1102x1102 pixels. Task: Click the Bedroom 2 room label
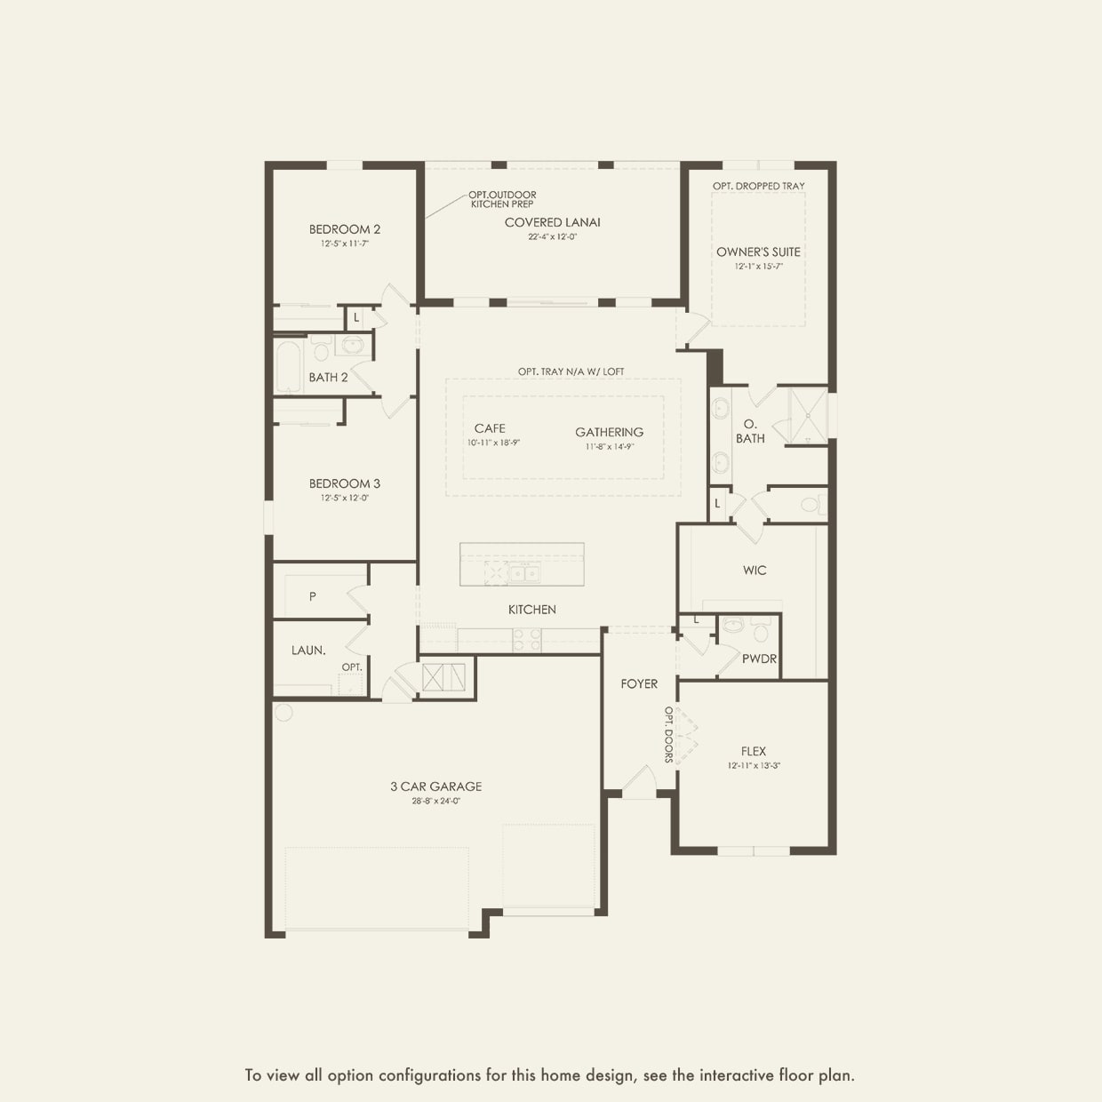point(345,229)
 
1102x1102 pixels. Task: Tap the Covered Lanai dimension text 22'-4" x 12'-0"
point(552,237)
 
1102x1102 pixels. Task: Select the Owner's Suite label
point(758,252)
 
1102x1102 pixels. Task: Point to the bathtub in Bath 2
point(289,366)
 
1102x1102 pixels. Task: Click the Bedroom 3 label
point(345,483)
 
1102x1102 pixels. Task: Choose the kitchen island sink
point(524,573)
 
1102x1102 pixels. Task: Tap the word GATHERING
point(609,432)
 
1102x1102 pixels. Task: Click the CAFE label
point(490,428)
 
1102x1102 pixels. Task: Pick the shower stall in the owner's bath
point(807,415)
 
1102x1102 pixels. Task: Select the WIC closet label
point(755,571)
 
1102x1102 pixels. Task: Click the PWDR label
point(759,659)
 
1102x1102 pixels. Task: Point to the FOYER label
point(639,683)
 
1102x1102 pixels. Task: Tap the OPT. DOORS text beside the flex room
point(668,735)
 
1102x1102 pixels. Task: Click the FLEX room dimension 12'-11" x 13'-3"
point(754,765)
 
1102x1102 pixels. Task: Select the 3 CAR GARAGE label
point(435,787)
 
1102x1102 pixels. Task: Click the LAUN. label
point(308,651)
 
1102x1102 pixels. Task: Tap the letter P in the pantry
point(312,596)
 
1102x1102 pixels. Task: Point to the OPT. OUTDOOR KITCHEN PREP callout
point(503,199)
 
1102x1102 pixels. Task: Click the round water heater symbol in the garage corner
point(283,712)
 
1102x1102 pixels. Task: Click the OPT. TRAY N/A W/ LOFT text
point(571,371)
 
